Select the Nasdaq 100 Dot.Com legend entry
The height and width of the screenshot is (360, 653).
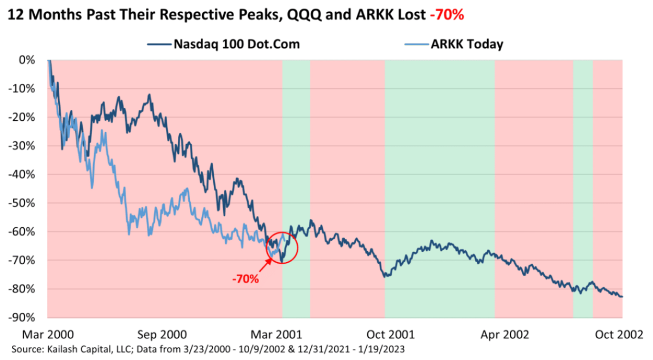(236, 44)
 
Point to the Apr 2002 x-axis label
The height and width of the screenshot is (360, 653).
(504, 333)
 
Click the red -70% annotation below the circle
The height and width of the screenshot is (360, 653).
(245, 279)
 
